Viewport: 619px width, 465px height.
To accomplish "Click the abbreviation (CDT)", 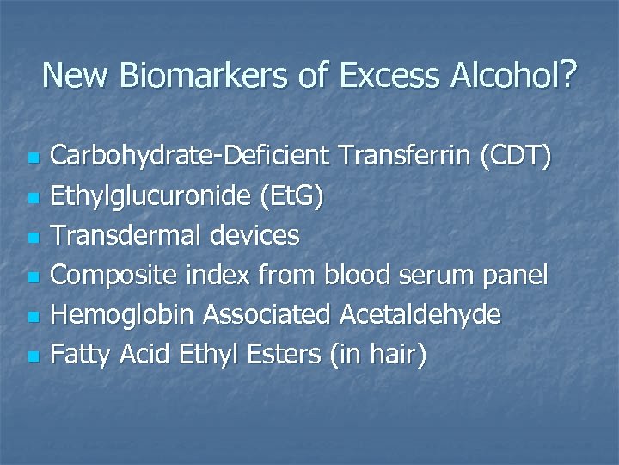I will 518,157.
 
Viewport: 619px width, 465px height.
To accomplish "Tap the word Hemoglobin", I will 124,315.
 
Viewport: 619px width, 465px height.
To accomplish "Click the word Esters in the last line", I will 285,355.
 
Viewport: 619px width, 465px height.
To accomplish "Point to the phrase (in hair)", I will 379,355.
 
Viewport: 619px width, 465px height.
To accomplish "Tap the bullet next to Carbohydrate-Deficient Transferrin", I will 32,158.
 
